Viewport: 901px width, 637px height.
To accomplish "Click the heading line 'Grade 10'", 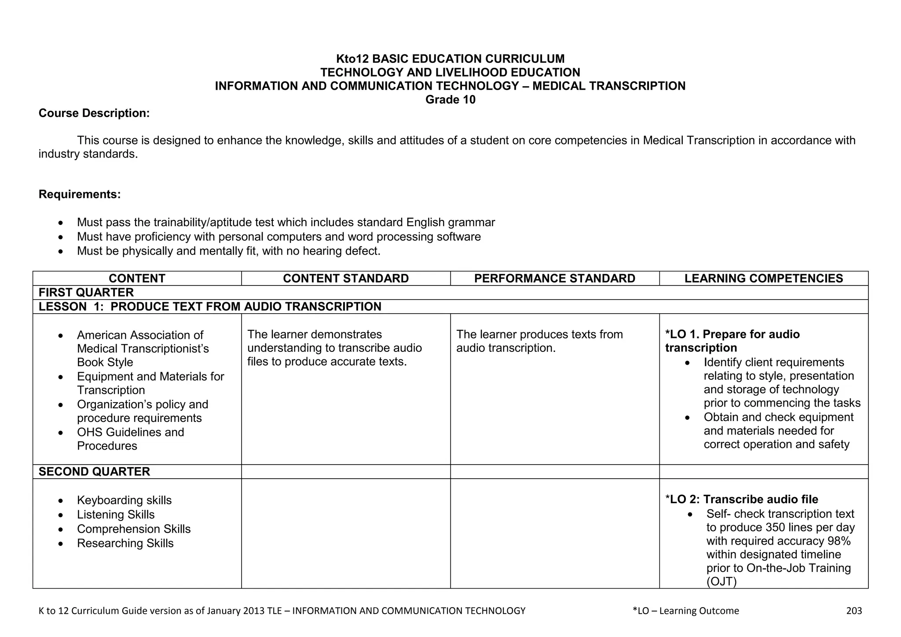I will click(x=450, y=100).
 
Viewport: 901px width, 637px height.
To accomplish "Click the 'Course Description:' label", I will click(x=94, y=113).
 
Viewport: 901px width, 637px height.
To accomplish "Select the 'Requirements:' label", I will click(x=80, y=194).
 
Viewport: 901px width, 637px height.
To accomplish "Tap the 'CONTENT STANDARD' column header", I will click(x=346, y=278).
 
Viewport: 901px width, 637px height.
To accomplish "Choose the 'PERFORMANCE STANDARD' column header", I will click(x=554, y=278).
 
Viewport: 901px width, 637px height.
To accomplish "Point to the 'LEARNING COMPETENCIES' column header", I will click(x=763, y=278).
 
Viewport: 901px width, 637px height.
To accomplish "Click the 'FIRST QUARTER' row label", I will click(x=86, y=293).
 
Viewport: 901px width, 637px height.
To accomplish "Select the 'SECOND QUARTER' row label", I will click(x=94, y=472).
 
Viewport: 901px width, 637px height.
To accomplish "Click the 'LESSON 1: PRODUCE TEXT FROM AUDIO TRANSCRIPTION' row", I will click(x=210, y=307).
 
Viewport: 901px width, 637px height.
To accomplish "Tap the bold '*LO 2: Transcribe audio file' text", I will click(x=742, y=500).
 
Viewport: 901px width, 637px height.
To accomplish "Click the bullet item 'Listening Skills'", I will click(x=116, y=515).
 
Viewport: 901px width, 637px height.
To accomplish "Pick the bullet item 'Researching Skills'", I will click(x=125, y=543).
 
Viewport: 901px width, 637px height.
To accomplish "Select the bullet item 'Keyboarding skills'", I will click(x=124, y=501).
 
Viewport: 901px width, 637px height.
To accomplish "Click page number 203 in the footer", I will click(x=854, y=611).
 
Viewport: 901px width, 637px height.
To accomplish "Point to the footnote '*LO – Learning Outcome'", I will click(x=685, y=611).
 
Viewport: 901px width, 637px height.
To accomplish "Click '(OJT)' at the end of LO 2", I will click(x=721, y=582).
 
